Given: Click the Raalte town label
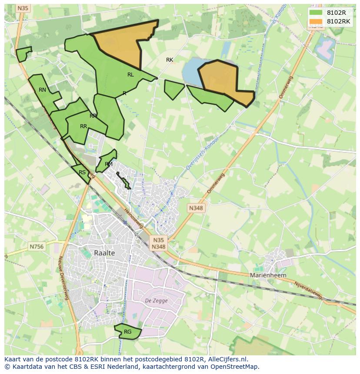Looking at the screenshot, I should (104, 253).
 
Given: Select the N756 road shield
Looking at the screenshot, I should (37, 246).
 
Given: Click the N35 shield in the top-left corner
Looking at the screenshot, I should (23, 8).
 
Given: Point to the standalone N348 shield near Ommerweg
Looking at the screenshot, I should (196, 208).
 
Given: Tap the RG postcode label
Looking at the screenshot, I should (127, 332).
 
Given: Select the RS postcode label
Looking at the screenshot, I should (82, 172).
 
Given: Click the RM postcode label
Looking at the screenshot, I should (109, 164).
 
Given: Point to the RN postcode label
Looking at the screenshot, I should (42, 90).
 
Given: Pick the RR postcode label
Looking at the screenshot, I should (83, 126).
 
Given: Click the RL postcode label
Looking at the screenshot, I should (130, 75).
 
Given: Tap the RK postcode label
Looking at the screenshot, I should (170, 60).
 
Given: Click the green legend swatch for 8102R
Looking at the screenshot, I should (316, 13).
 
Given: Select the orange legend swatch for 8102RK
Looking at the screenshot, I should (316, 21).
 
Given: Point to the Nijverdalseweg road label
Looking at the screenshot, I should (309, 291).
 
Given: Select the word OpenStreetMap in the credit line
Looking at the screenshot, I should (237, 367).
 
